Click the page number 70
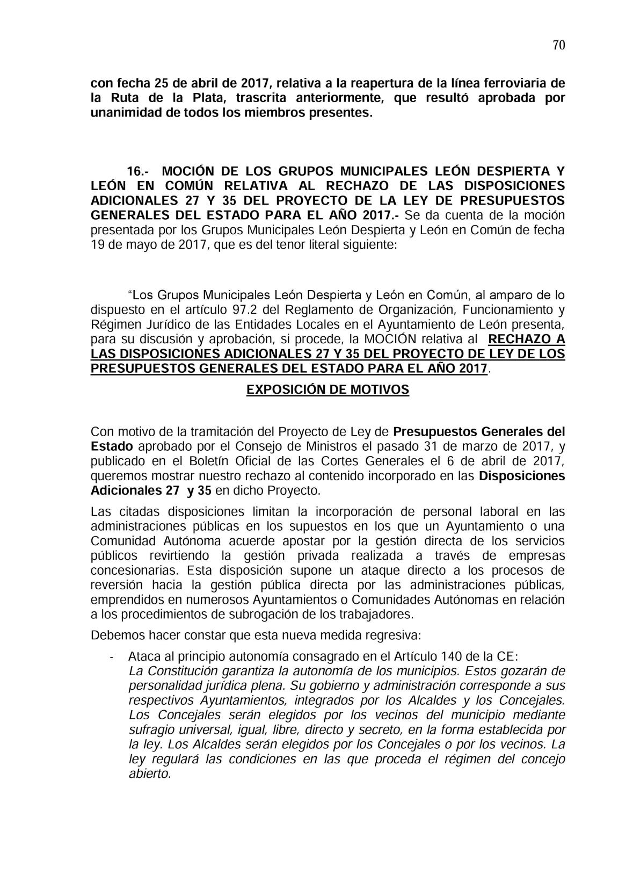pos(558,45)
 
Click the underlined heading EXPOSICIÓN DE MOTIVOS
pos(328,389)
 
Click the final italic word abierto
pos(150,774)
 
